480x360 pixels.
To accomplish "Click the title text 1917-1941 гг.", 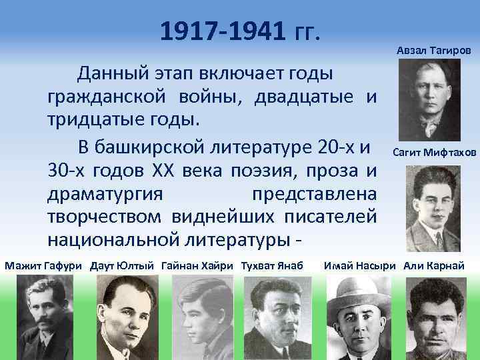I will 240,30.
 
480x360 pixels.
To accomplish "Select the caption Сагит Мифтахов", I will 434,152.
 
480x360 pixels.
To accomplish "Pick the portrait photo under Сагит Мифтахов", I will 429,207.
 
